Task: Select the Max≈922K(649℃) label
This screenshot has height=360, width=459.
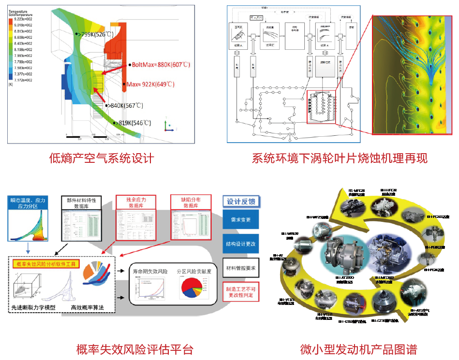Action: point(150,84)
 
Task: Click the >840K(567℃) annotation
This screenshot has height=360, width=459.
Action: point(125,105)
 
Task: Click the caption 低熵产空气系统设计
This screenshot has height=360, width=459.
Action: point(102,158)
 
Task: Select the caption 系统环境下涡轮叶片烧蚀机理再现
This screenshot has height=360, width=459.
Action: point(340,158)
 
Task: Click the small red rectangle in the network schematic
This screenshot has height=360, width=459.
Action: point(321,108)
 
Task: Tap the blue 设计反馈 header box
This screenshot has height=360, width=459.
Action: point(241,202)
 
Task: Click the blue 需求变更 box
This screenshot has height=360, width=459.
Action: point(241,220)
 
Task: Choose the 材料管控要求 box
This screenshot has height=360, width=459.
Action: point(241,267)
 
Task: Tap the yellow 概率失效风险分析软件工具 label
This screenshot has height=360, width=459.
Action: point(46,264)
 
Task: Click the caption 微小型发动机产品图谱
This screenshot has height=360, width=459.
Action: point(358,348)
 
